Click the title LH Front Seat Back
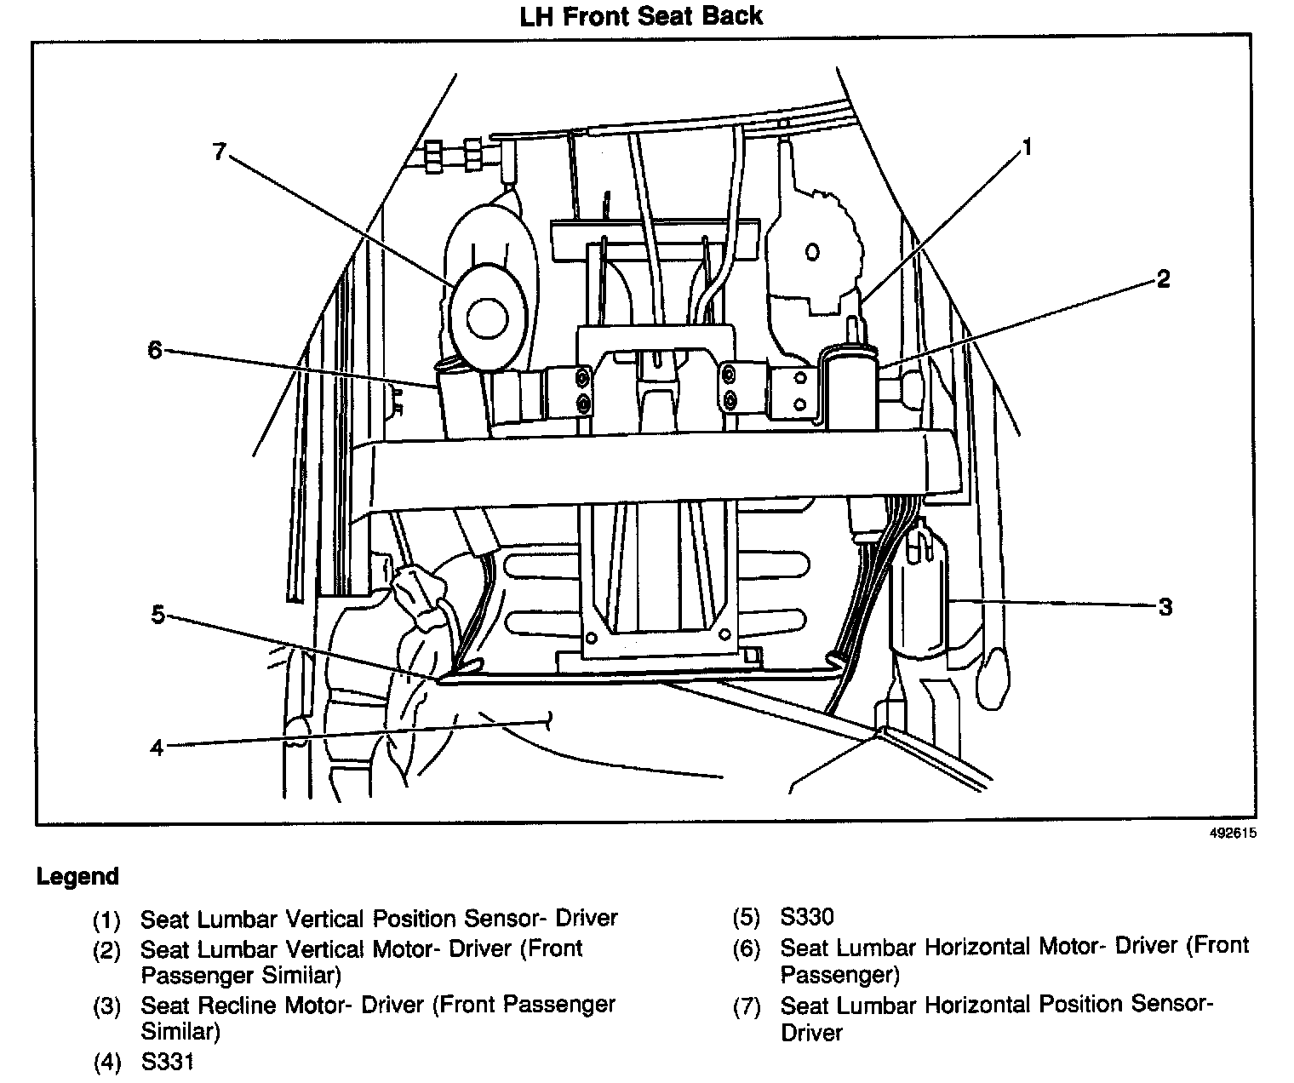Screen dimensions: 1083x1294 click(641, 15)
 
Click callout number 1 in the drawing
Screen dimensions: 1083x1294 click(1027, 148)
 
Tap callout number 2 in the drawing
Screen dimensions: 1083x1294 click(1163, 278)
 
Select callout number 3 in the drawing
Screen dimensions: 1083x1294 click(1165, 606)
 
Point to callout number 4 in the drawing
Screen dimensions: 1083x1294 click(156, 748)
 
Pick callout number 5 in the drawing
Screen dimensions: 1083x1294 click(157, 614)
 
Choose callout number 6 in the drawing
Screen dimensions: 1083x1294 click(154, 350)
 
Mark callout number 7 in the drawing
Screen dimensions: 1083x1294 click(220, 152)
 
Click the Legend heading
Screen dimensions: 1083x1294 click(77, 876)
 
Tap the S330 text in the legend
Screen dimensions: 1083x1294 click(807, 917)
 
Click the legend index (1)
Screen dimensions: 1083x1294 click(107, 920)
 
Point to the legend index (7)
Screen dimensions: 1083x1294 click(747, 1007)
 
